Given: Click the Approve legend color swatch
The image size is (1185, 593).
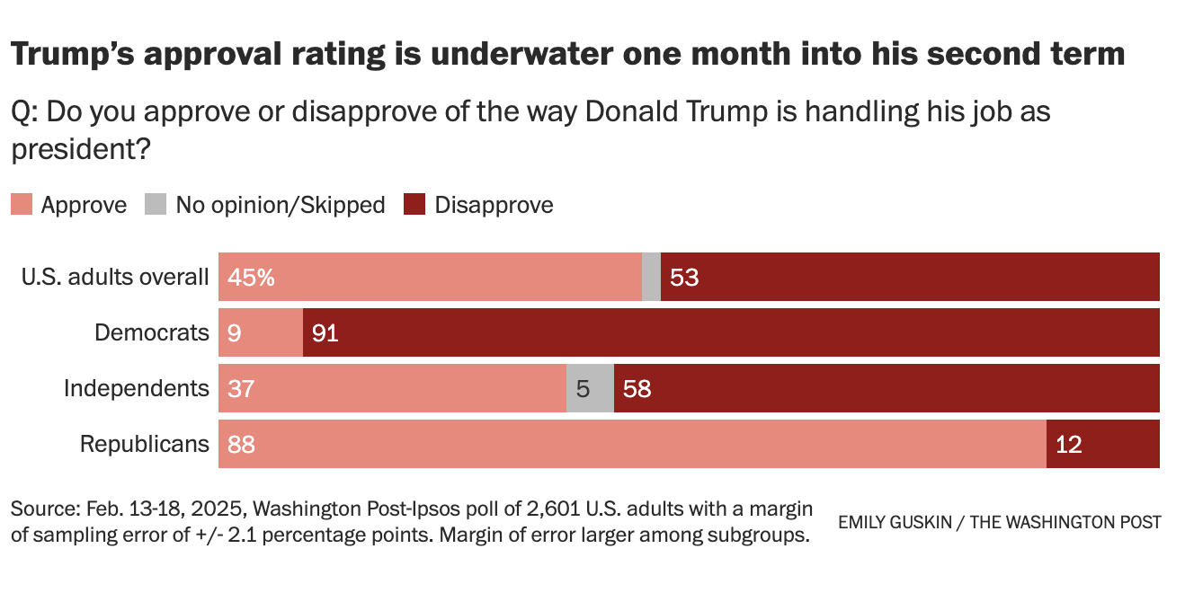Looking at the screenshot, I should (22, 205).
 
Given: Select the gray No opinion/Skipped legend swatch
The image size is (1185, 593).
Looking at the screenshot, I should (156, 205).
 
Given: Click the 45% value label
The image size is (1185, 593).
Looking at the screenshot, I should (251, 277).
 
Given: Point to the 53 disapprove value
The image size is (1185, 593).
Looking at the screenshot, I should (684, 277).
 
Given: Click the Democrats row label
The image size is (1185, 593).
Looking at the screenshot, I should (152, 332).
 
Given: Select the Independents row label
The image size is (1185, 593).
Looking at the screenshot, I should (137, 388).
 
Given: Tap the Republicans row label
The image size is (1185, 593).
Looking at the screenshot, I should (145, 444).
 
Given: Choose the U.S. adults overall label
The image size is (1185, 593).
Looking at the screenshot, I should (115, 277).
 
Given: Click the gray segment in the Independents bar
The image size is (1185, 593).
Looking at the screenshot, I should (590, 388).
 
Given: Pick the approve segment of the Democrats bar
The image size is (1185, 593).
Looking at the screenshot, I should (261, 332).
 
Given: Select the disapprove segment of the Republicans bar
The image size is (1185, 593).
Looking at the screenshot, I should (1103, 444).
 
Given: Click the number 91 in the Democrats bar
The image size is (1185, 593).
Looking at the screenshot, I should (325, 332).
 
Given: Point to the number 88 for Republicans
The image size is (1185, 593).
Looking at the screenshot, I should (242, 444).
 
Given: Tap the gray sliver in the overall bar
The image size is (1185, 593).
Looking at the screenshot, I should (651, 277).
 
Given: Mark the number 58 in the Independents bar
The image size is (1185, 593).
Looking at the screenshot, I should (637, 388).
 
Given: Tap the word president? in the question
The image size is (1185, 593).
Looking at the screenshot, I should (79, 149).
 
